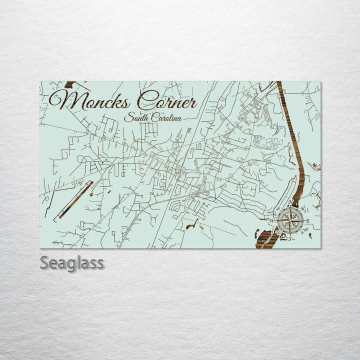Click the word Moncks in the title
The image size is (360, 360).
90,100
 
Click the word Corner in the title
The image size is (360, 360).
167,101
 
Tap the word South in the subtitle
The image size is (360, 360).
134,118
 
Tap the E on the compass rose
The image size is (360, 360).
308,220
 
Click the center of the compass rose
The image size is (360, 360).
290,220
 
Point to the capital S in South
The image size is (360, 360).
127,118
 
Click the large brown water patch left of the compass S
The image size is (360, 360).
264,237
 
